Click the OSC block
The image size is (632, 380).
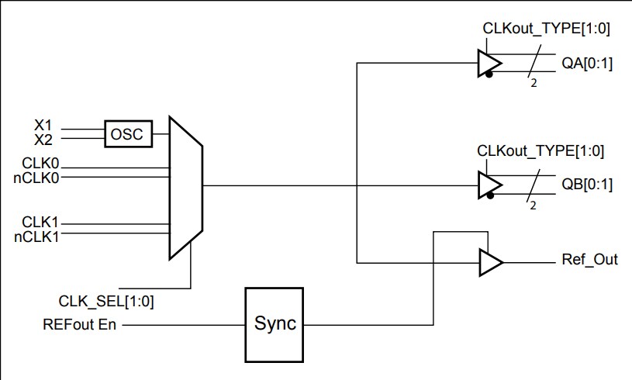pos(128,134)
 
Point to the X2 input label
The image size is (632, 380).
pos(43,140)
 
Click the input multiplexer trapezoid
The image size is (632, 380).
pos(185,187)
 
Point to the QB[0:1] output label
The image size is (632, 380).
pos(586,185)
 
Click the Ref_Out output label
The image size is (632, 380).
pos(589,260)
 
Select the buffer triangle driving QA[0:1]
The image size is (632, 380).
pos(489,64)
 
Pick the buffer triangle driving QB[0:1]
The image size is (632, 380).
pos(489,185)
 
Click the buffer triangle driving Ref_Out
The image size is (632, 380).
pos(489,262)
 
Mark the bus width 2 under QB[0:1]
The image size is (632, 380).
pos(533,206)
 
